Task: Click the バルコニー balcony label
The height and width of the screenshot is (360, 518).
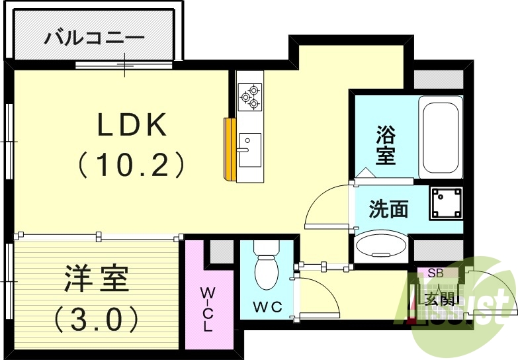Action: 94,38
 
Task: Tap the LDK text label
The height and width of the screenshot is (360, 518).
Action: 132,124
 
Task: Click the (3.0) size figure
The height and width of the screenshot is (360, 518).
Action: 96,319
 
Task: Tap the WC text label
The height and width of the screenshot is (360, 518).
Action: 267,306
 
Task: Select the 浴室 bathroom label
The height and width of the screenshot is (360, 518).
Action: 385,145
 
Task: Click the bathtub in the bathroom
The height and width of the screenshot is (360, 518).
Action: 440,136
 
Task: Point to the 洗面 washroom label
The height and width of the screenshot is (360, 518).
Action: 388,209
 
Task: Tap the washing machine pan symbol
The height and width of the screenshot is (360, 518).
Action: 445,203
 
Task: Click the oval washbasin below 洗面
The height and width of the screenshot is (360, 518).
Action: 381,247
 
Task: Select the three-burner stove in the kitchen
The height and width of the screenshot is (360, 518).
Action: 251,95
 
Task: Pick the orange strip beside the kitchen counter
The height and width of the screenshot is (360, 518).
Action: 230,150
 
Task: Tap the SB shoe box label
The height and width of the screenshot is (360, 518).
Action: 435,273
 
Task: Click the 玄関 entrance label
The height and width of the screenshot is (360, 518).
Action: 440,299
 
